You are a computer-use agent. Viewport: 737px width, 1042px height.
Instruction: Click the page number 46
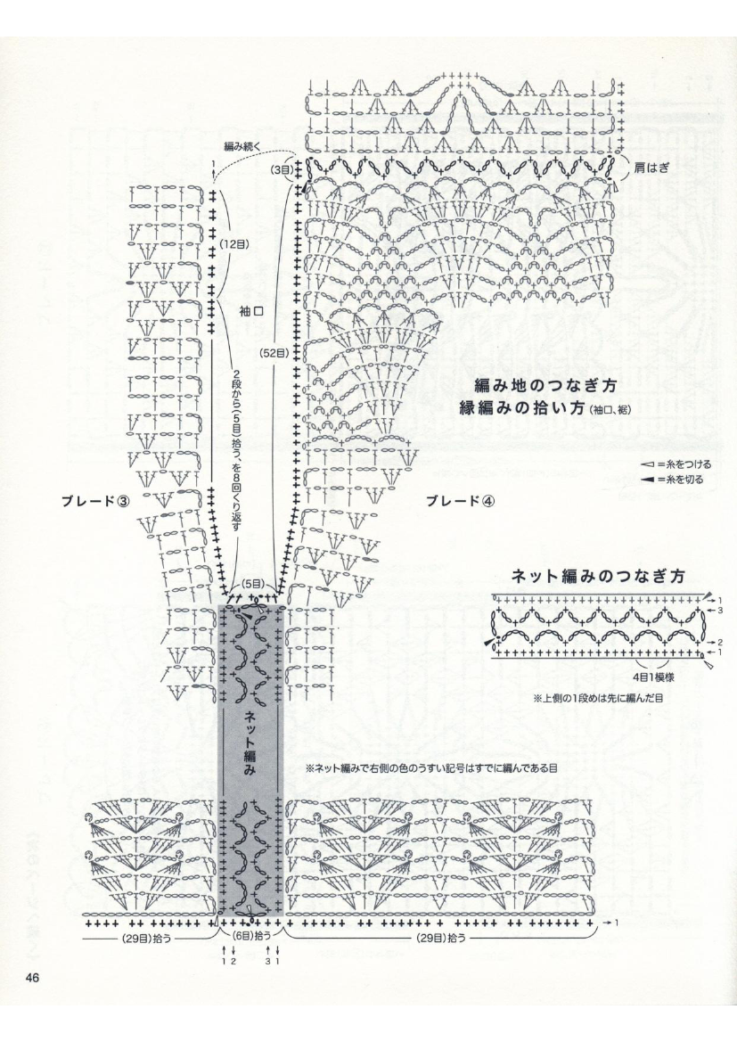point(33,979)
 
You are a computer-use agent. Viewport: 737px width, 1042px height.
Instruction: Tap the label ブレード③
point(96,500)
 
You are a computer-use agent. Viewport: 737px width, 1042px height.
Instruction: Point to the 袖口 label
point(251,313)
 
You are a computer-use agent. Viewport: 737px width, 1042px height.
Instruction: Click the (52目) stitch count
point(273,353)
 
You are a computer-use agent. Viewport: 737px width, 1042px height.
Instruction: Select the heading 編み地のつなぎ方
point(545,386)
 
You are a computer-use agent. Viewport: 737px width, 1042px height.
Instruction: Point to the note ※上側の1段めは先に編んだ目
point(598,698)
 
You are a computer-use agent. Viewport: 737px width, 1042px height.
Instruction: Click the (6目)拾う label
point(252,938)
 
